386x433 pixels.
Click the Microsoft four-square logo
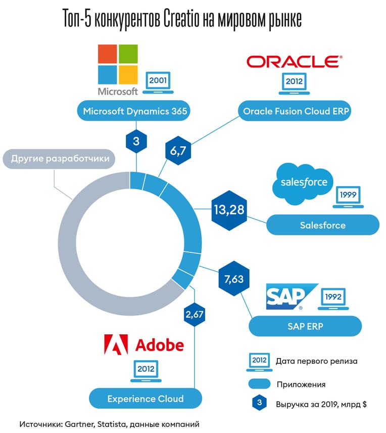coord(118,64)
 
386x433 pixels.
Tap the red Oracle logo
coord(295,62)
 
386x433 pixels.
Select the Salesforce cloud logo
coord(303,184)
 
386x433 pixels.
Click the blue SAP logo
coord(292,296)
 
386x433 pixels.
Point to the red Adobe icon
coord(116,344)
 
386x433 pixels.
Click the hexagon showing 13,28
coord(229,210)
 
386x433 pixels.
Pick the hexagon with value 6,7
coord(178,151)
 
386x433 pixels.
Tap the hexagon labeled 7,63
coord(234,279)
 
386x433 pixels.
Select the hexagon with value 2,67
coord(195,314)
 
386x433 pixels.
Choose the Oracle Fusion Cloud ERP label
coord(295,111)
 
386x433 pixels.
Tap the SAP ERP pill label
coord(305,326)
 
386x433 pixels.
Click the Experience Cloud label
coord(146,399)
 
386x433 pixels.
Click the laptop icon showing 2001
coord(158,83)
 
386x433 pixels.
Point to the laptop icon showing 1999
coord(348,197)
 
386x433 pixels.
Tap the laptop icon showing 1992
coord(333,299)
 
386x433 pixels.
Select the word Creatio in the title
coord(181,19)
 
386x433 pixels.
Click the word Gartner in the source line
coord(80,424)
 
